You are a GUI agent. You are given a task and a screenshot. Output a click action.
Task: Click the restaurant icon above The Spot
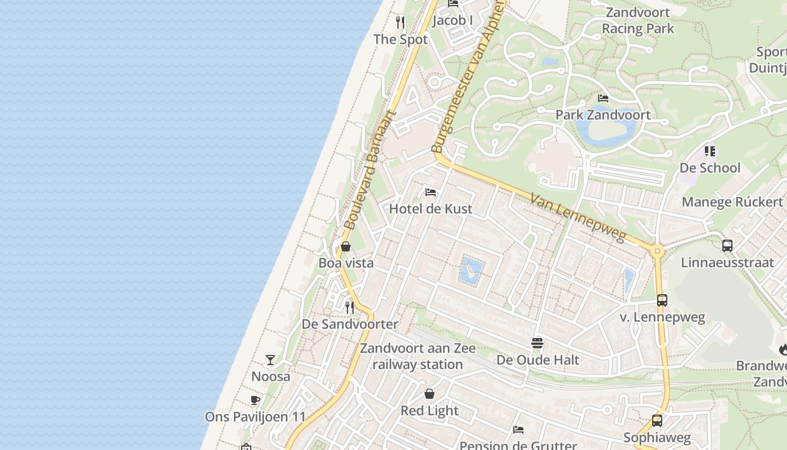(400, 22)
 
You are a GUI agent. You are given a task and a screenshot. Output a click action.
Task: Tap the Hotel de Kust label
(431, 209)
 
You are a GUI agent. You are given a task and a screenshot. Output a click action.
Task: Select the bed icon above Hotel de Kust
(431, 192)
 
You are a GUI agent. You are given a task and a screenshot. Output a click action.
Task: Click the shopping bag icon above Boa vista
(346, 246)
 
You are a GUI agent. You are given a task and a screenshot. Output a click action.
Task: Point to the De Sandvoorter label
(350, 324)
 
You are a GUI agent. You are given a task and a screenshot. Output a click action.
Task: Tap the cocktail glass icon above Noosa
(270, 360)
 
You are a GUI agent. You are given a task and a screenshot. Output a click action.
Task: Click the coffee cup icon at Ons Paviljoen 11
(255, 400)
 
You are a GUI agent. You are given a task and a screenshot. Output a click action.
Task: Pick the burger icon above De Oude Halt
(537, 343)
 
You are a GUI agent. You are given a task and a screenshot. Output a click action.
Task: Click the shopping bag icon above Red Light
(429, 394)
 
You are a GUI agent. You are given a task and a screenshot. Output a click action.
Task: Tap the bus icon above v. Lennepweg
(662, 300)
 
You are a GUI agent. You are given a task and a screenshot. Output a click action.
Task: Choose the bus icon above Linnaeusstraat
(727, 246)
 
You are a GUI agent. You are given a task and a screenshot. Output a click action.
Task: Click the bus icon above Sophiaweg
(657, 421)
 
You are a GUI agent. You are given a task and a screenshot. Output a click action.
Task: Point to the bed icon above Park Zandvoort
(603, 98)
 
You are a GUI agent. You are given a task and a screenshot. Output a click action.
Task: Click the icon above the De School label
(710, 151)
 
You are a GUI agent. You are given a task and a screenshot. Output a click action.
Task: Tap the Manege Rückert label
(732, 202)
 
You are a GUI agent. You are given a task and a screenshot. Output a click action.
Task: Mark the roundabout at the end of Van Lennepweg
(657, 251)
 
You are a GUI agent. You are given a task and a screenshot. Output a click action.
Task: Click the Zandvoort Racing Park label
(638, 20)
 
